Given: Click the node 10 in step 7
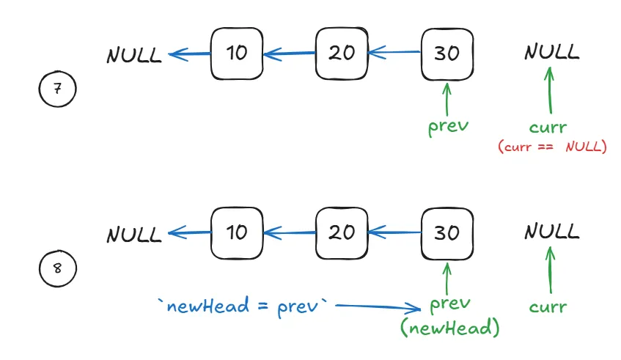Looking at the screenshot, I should [x=236, y=54].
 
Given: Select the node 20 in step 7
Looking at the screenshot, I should [x=341, y=54].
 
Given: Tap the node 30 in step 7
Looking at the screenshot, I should [x=447, y=54].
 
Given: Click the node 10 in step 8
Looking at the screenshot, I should [x=236, y=233].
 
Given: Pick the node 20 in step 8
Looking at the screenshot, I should [x=341, y=233].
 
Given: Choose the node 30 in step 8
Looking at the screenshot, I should [x=447, y=233].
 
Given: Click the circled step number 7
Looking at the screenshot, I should [x=57, y=90].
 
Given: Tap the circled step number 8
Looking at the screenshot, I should [x=57, y=269].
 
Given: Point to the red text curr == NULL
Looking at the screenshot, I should [x=552, y=147].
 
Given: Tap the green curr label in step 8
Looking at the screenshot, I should [x=547, y=306].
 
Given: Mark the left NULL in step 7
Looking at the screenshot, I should [x=134, y=56].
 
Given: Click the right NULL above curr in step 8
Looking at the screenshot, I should [x=551, y=232].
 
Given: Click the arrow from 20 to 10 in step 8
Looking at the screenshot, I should [x=290, y=233].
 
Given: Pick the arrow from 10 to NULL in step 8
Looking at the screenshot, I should [x=190, y=233].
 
